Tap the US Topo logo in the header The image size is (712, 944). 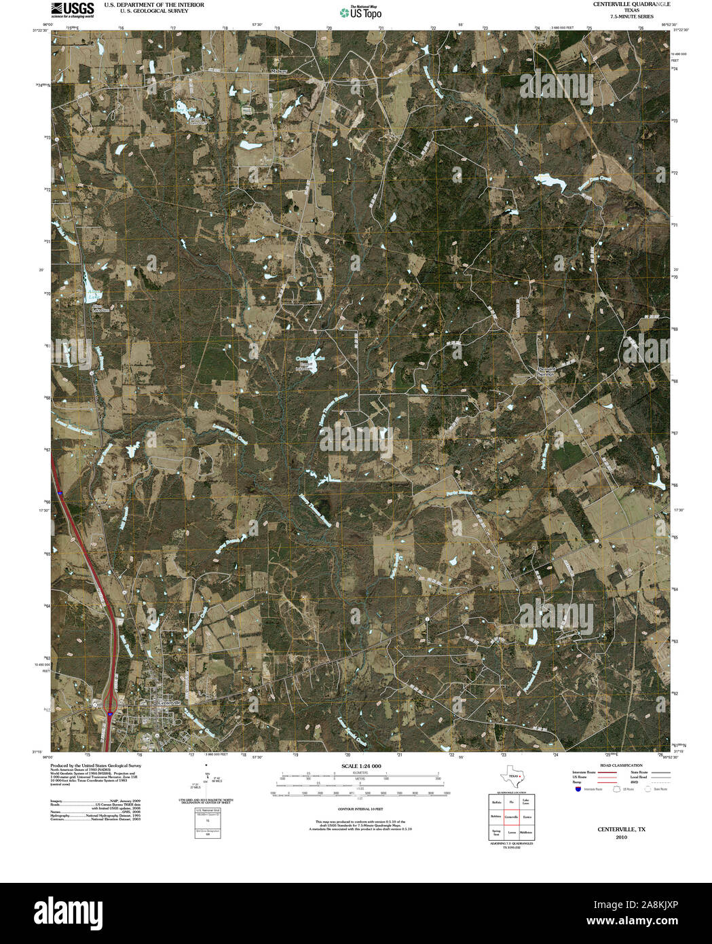361,12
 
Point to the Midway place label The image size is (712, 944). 279,71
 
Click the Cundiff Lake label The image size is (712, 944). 310,359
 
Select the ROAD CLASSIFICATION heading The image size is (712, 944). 616,765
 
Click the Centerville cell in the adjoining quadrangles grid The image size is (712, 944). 512,817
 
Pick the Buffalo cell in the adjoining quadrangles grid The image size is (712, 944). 496,802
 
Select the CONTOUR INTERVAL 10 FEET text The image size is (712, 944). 360,810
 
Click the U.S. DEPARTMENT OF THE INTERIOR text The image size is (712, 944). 154,5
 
